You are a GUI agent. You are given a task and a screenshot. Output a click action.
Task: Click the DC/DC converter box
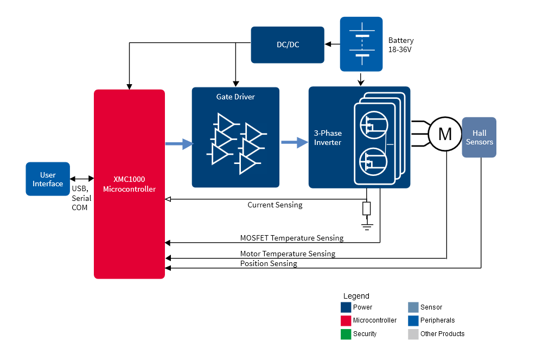click(288, 45)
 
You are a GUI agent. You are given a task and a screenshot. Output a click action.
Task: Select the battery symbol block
click(361, 45)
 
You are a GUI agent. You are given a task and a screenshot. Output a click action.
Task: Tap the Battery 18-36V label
click(401, 45)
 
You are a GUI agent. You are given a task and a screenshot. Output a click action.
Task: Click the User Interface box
click(48, 179)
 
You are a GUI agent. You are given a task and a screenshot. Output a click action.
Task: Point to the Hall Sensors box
click(479, 137)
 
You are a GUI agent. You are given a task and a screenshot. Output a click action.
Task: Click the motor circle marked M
click(445, 134)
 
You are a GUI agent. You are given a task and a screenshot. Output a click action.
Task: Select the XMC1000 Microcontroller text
click(129, 184)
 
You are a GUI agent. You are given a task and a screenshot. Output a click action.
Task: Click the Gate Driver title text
click(235, 97)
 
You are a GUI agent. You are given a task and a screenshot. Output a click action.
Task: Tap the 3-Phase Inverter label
click(328, 138)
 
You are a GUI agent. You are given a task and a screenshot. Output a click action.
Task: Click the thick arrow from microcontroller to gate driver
click(179, 144)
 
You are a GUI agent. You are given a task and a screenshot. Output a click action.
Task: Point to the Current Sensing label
click(275, 205)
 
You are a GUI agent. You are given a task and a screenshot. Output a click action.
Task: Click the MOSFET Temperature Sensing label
click(291, 238)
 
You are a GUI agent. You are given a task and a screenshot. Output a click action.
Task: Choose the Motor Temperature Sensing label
click(288, 254)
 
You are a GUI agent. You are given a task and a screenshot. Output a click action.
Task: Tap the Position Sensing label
click(269, 263)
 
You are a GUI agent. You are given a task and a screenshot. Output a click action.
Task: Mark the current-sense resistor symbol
click(367, 208)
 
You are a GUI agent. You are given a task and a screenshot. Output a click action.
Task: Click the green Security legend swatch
click(346, 334)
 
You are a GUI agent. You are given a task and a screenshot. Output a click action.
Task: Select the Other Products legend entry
click(442, 334)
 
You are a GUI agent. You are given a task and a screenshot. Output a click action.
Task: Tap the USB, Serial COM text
click(81, 198)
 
